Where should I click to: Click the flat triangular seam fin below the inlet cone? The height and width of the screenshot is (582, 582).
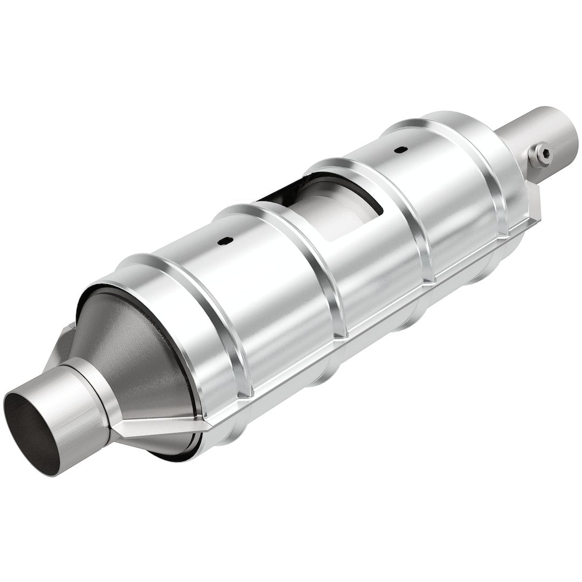point(156,426)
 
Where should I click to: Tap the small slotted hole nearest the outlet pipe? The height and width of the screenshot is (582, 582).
point(400,150)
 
